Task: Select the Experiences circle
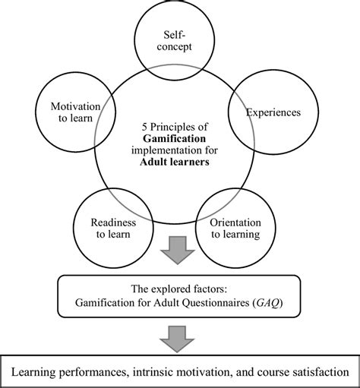click(273, 113)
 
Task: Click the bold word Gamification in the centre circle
click(180, 140)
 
